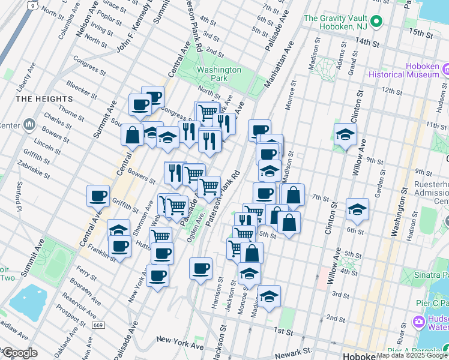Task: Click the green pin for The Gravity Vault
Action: (376, 23)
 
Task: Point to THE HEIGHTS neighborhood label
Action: (41, 98)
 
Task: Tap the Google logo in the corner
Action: (19, 353)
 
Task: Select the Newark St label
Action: (295, 351)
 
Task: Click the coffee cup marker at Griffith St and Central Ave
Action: (98, 196)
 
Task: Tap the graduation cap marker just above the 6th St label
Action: (357, 209)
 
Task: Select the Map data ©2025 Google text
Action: (412, 355)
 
